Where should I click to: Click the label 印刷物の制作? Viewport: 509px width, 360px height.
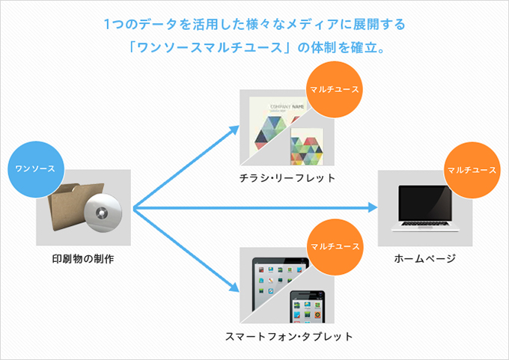coord(83,260)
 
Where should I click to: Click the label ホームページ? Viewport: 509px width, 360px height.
coord(425,259)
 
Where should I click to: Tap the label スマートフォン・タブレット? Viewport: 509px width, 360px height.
coord(289,336)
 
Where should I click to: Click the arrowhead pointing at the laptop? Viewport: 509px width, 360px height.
coord(373,207)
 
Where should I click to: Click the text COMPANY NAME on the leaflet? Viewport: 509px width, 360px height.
coord(287,107)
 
